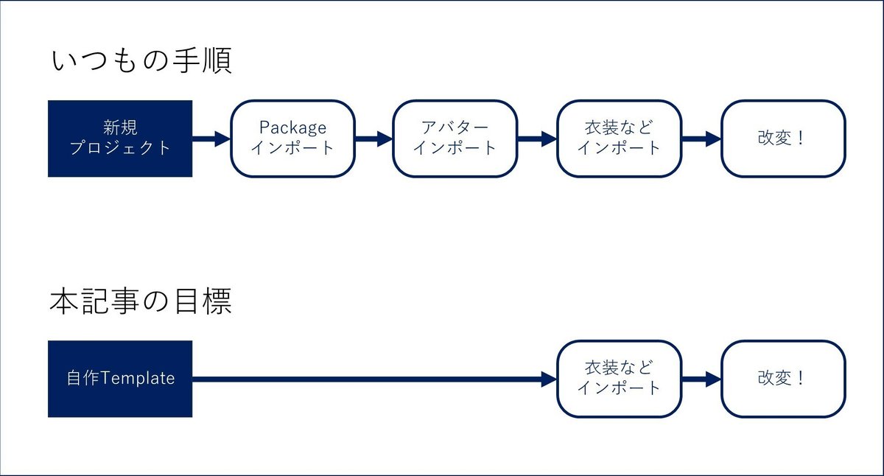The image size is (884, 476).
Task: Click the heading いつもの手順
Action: click(141, 60)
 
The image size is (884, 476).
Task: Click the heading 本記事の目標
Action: click(141, 301)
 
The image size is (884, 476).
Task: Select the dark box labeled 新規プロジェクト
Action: click(120, 139)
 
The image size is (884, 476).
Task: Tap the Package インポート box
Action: click(293, 139)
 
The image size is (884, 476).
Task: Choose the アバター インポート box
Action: click(455, 139)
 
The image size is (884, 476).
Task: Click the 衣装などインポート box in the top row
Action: click(620, 139)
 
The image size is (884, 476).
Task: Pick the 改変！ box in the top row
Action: click(783, 139)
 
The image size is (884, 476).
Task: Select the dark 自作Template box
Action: click(120, 379)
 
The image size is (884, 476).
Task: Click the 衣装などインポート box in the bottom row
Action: click(620, 379)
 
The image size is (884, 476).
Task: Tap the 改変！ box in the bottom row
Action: click(783, 379)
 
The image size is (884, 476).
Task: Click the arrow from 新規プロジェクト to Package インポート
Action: click(211, 139)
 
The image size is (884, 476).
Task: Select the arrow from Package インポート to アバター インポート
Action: click(374, 139)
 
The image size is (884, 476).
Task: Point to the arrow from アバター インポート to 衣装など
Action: click(537, 139)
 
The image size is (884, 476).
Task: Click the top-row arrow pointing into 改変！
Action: click(701, 139)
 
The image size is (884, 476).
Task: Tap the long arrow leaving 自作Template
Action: click(374, 379)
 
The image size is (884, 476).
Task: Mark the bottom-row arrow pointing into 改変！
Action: click(701, 379)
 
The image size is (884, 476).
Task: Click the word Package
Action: click(293, 128)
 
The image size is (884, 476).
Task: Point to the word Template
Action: click(138, 379)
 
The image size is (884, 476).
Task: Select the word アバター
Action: click(455, 127)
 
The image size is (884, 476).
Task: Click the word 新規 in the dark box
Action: click(120, 127)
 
